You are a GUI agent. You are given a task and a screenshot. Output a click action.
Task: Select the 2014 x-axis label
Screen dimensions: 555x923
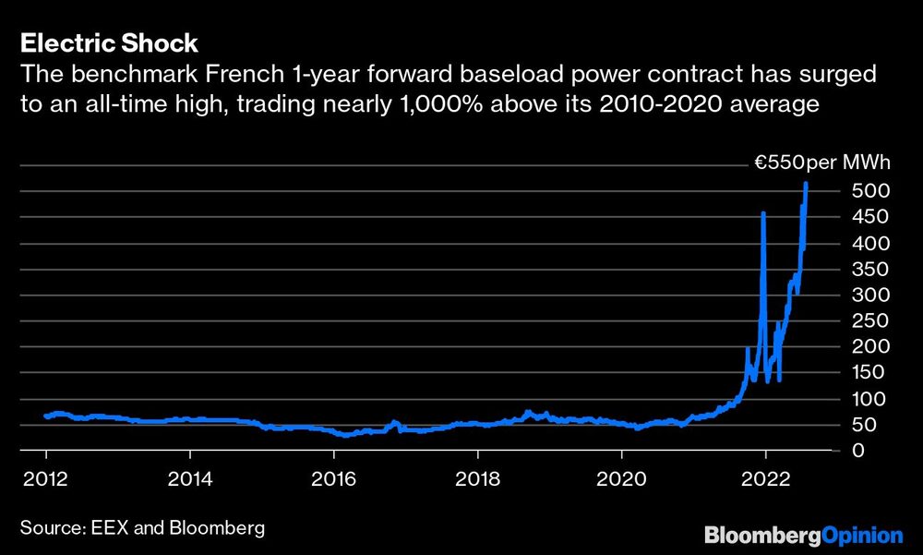(x=189, y=480)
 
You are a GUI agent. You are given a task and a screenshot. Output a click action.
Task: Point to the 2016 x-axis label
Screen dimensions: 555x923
(x=333, y=480)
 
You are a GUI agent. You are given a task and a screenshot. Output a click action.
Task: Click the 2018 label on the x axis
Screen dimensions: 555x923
(x=477, y=480)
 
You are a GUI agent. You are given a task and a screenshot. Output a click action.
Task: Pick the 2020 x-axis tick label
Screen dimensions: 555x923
(x=621, y=480)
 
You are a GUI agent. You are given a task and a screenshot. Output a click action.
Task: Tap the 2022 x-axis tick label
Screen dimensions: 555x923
(x=765, y=480)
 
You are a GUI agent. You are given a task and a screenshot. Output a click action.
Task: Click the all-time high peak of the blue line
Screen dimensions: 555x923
(x=806, y=185)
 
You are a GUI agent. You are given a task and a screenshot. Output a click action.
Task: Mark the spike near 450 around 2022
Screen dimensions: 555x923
(x=763, y=214)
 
